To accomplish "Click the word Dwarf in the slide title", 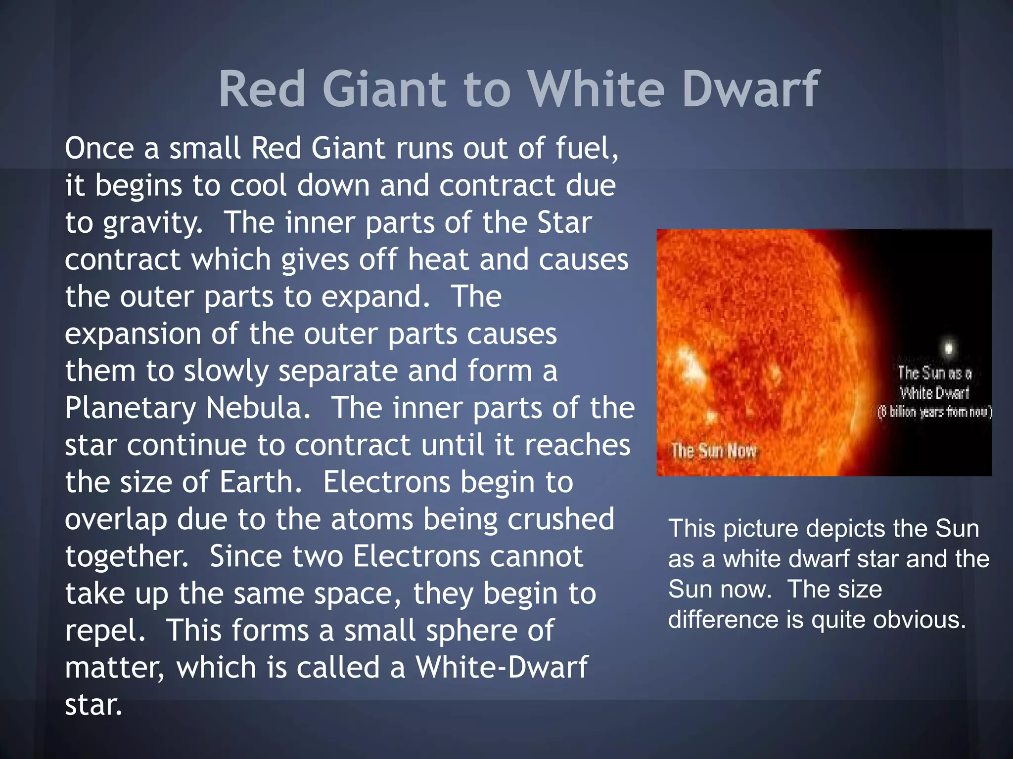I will [751, 89].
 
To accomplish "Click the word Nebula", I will [258, 408].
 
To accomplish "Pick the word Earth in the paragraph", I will [260, 482].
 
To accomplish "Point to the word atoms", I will [372, 519].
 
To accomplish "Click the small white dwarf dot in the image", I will [948, 347].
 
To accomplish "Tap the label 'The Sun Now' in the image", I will [713, 451].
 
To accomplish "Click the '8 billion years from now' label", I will [934, 412].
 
